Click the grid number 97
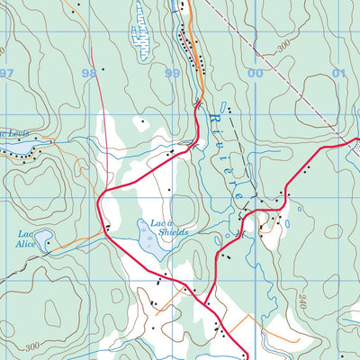point(8,73)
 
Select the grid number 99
point(172,73)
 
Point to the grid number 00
point(256,73)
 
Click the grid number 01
point(338,73)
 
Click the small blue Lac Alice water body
point(47,243)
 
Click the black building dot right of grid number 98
point(103,69)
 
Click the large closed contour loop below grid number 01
point(328,103)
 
